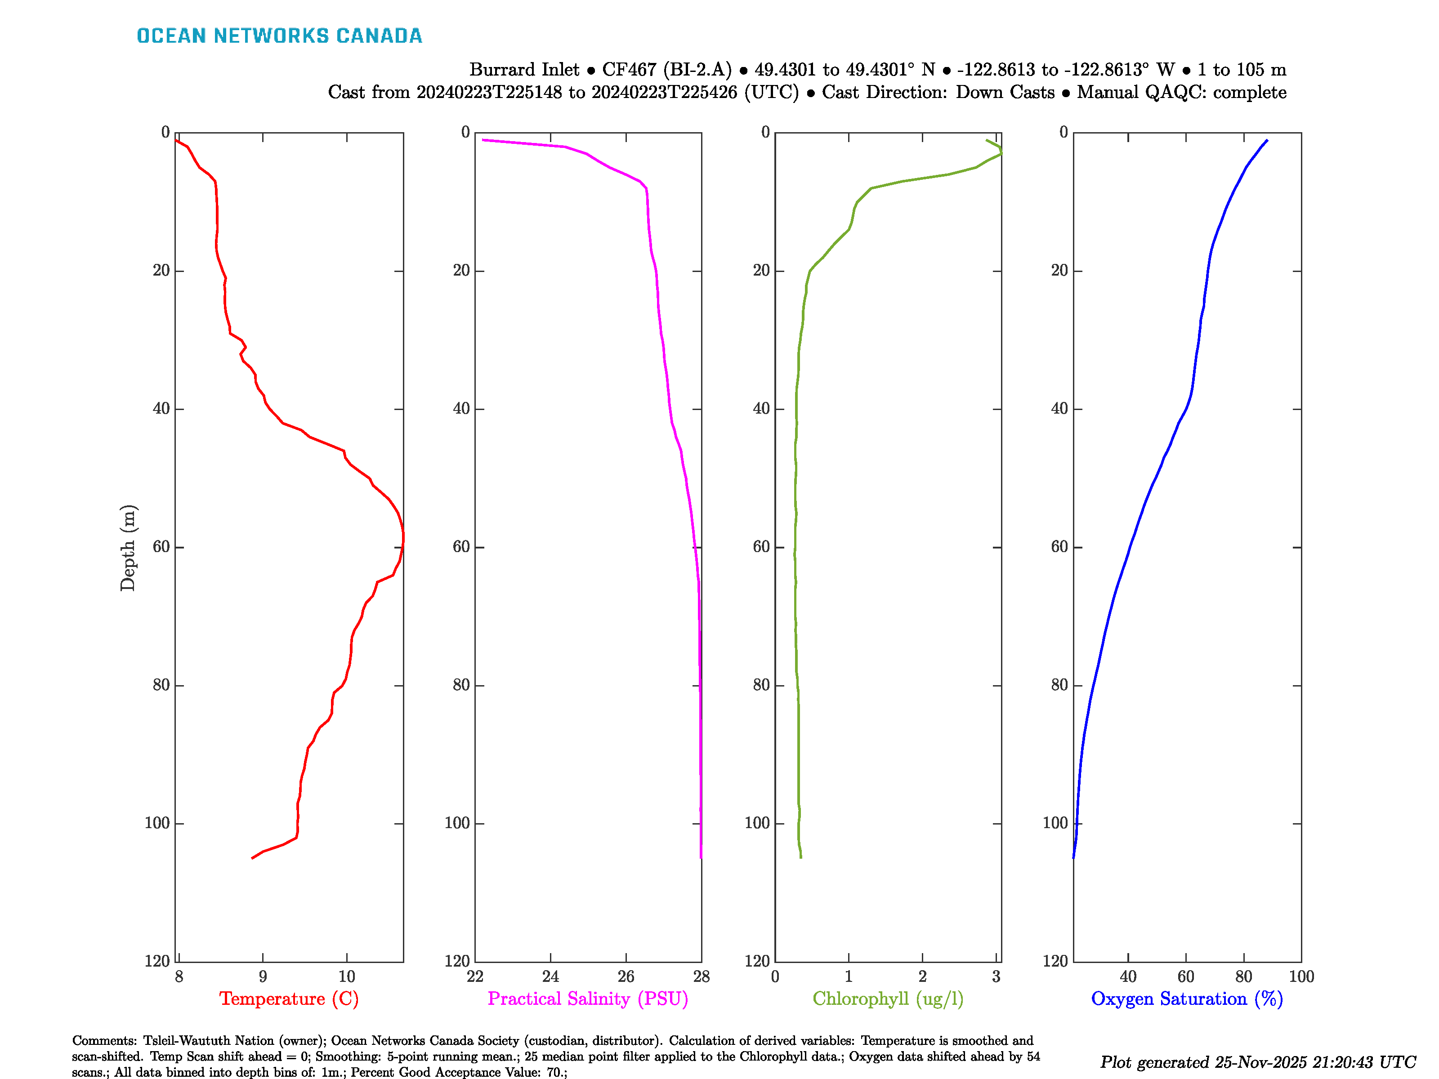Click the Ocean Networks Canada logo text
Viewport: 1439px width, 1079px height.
pos(279,36)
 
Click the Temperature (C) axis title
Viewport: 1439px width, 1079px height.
pos(289,999)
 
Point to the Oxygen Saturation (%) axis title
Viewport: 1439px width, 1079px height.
pos(1187,999)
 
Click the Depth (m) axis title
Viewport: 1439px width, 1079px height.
pos(128,548)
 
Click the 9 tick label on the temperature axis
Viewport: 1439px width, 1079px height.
pos(263,976)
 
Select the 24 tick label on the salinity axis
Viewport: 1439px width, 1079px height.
pos(550,976)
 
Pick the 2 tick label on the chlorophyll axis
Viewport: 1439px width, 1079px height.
pos(922,976)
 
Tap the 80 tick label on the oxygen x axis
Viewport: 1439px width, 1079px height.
pos(1243,976)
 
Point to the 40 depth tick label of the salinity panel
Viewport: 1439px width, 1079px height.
pos(461,408)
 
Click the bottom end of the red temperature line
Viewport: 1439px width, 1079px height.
pos(252,858)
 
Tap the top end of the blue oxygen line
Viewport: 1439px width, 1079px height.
pos(1267,140)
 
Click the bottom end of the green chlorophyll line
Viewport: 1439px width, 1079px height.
pos(801,857)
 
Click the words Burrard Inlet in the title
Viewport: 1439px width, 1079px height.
pos(524,70)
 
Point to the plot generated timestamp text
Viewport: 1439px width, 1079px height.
pos(1257,1062)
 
